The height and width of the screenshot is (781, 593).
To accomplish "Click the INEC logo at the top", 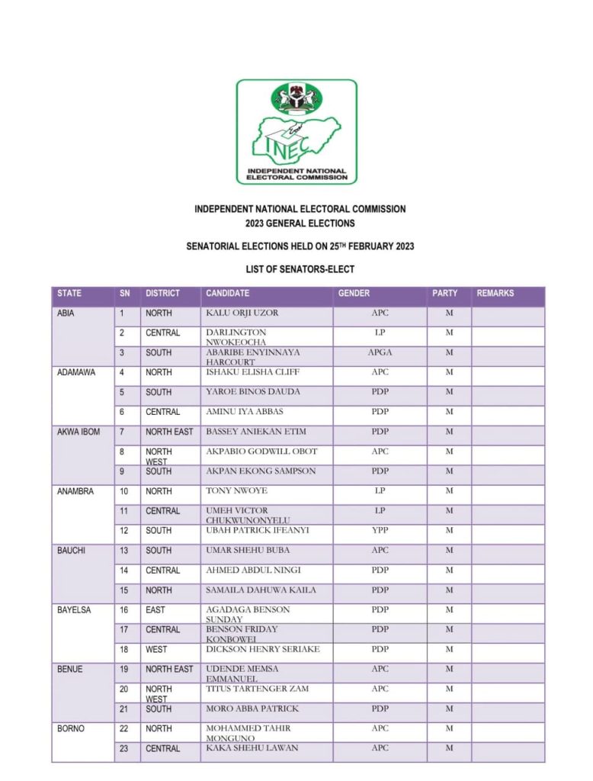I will click(x=296, y=131).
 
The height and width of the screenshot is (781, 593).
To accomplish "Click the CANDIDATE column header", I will click(x=227, y=294).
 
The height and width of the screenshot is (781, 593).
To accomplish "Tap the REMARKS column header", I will click(x=495, y=294).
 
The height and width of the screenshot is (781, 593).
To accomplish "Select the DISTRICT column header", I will click(x=162, y=294).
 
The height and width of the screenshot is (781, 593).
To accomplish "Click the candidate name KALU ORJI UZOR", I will click(x=242, y=313).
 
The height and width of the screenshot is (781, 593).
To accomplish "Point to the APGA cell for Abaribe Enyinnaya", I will click(x=380, y=352).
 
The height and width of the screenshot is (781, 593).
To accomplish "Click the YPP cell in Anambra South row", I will click(x=380, y=530).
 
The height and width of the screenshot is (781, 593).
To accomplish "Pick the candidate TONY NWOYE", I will click(x=236, y=491).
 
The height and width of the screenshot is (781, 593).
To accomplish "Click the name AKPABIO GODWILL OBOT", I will click(x=261, y=452).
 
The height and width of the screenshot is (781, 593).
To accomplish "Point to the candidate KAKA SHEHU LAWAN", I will click(x=252, y=748).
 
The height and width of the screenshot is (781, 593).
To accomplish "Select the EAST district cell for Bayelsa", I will click(x=155, y=610).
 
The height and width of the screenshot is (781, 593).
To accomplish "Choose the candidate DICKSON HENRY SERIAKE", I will click(x=263, y=649).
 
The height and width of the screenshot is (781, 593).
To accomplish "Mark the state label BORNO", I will click(x=71, y=729).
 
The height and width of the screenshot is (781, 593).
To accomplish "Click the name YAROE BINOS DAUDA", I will click(x=253, y=392).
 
